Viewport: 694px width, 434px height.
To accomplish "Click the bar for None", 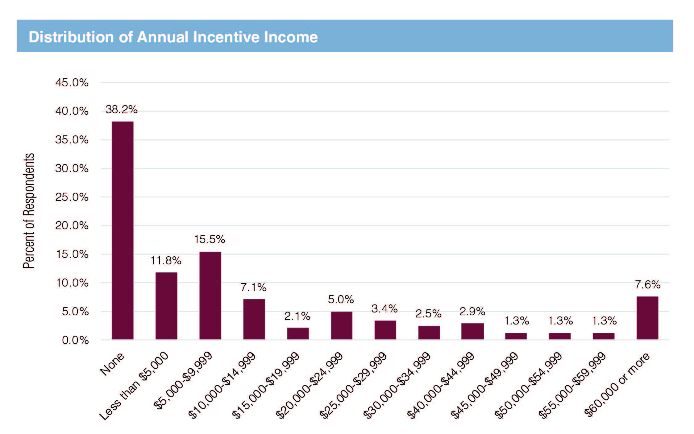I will pyautogui.click(x=123, y=230).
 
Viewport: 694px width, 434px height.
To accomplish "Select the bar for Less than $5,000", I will pyautogui.click(x=166, y=306).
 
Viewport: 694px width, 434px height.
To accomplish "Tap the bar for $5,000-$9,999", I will pyautogui.click(x=210, y=296).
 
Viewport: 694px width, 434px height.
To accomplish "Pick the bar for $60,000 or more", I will pyautogui.click(x=647, y=318).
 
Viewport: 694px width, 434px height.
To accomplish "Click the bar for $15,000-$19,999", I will pyautogui.click(x=298, y=333).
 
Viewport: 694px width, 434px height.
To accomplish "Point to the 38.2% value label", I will pyautogui.click(x=121, y=110).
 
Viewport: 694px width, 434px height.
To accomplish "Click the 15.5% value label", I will pyautogui.click(x=210, y=239).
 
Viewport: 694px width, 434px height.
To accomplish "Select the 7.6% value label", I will pyautogui.click(x=647, y=284).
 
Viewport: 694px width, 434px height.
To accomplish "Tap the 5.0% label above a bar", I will pyautogui.click(x=341, y=299).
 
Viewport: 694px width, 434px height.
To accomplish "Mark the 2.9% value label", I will pyautogui.click(x=472, y=312).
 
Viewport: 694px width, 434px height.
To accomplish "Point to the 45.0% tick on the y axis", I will pyautogui.click(x=72, y=83).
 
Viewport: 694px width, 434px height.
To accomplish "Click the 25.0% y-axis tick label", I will pyautogui.click(x=72, y=197).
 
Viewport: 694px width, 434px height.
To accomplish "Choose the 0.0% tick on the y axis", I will pyautogui.click(x=75, y=340).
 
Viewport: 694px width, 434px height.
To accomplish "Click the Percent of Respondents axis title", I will pyautogui.click(x=29, y=211).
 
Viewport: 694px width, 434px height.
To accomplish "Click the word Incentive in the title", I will pyautogui.click(x=226, y=37).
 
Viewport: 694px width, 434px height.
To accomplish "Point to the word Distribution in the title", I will pyautogui.click(x=71, y=37).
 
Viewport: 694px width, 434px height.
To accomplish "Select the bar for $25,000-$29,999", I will pyautogui.click(x=385, y=330).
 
